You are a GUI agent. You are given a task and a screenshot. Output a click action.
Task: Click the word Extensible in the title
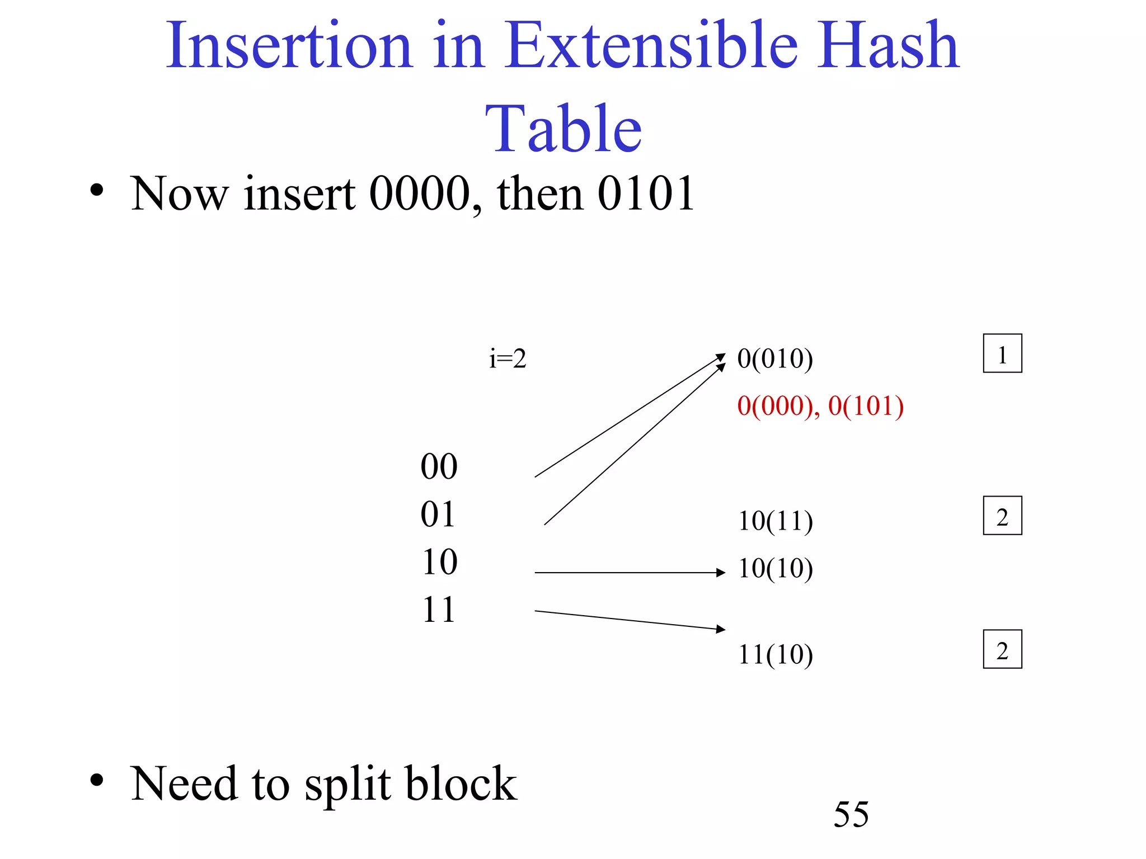click(651, 46)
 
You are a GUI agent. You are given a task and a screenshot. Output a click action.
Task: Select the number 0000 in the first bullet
click(420, 193)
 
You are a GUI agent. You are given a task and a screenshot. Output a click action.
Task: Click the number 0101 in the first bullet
click(646, 193)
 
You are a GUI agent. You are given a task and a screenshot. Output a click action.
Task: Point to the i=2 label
click(508, 358)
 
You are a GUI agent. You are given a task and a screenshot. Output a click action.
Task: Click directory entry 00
click(439, 466)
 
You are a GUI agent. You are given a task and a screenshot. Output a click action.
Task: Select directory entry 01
click(438, 514)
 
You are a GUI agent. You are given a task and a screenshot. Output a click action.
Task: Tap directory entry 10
click(439, 562)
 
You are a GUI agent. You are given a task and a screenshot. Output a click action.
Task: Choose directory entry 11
click(438, 610)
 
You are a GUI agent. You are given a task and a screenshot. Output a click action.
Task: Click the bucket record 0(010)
click(775, 358)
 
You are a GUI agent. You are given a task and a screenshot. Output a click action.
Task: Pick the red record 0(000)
click(775, 406)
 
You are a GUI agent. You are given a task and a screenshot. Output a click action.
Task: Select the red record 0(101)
click(866, 406)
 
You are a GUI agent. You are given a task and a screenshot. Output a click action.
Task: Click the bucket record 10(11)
click(776, 521)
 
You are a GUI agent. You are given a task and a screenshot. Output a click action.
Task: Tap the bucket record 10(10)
click(776, 569)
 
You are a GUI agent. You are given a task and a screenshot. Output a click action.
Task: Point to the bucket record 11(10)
click(776, 654)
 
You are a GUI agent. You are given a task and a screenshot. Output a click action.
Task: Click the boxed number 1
click(1002, 353)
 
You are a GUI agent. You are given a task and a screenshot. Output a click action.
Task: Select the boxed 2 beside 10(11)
click(1002, 516)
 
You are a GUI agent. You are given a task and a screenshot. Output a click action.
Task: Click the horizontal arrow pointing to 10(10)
click(630, 573)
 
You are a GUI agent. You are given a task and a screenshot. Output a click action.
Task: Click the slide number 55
click(851, 814)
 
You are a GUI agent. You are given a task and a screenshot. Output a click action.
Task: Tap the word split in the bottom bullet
click(347, 784)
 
